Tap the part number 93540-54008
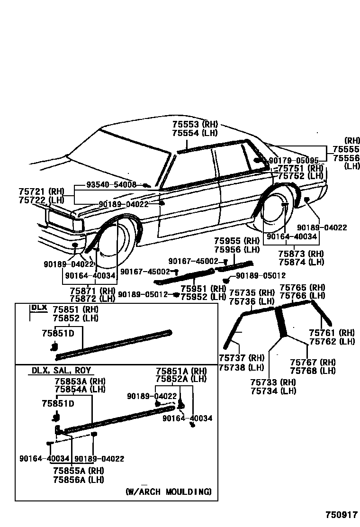coord(111,184)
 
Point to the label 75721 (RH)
coord(41,191)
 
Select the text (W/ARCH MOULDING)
coord(168,491)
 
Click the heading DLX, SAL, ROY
coord(61,371)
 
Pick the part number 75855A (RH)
coord(79,470)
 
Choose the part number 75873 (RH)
coord(301,254)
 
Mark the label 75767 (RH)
coord(313,362)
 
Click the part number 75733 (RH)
coord(273,382)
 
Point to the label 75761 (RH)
coord(332,333)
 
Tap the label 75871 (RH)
coord(93,291)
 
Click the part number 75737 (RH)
coord(242,358)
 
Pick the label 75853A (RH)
coord(80,381)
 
